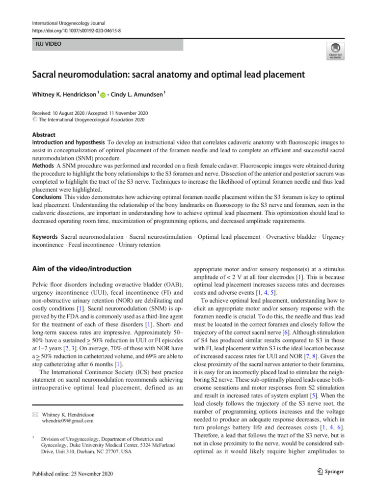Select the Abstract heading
(x=44, y=135)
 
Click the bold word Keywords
(x=46, y=237)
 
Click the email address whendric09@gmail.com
(x=68, y=420)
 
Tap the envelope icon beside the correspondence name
(x=35, y=415)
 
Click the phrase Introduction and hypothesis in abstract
(x=68, y=142)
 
